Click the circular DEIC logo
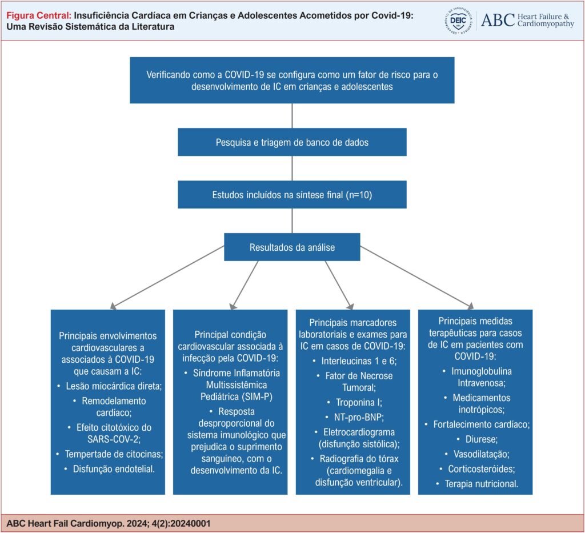coord(458,21)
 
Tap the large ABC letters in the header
coord(498,20)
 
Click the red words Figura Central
coord(39,15)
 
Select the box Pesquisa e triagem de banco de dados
coord(292,142)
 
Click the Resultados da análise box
coord(292,247)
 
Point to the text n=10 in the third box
coord(359,195)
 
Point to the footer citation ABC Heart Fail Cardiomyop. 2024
coord(109,523)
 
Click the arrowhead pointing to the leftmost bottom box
coord(113,307)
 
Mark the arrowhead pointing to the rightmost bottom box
coord(471,307)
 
